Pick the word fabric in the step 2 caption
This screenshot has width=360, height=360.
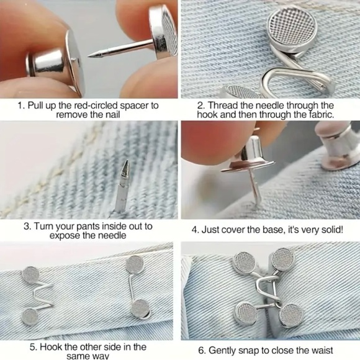pyautogui.click(x=318, y=115)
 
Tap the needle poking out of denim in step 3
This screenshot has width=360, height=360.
pyautogui.click(x=122, y=180)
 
